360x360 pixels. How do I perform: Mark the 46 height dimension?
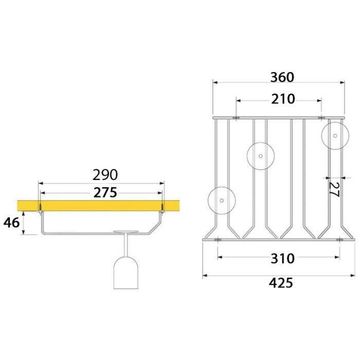(x=11, y=222)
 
